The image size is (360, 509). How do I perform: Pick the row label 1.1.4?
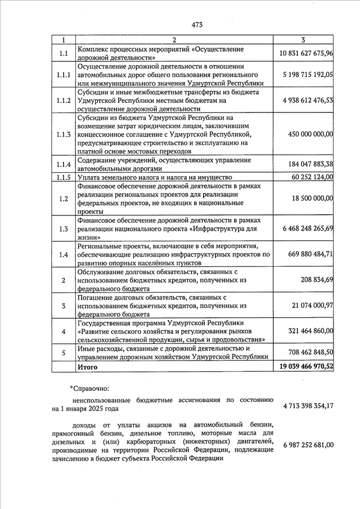64,164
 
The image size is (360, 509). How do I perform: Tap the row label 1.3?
64,229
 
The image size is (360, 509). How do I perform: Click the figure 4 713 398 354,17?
307,406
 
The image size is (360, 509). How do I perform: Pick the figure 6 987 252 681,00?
307,445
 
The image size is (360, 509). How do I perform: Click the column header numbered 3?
303,40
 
